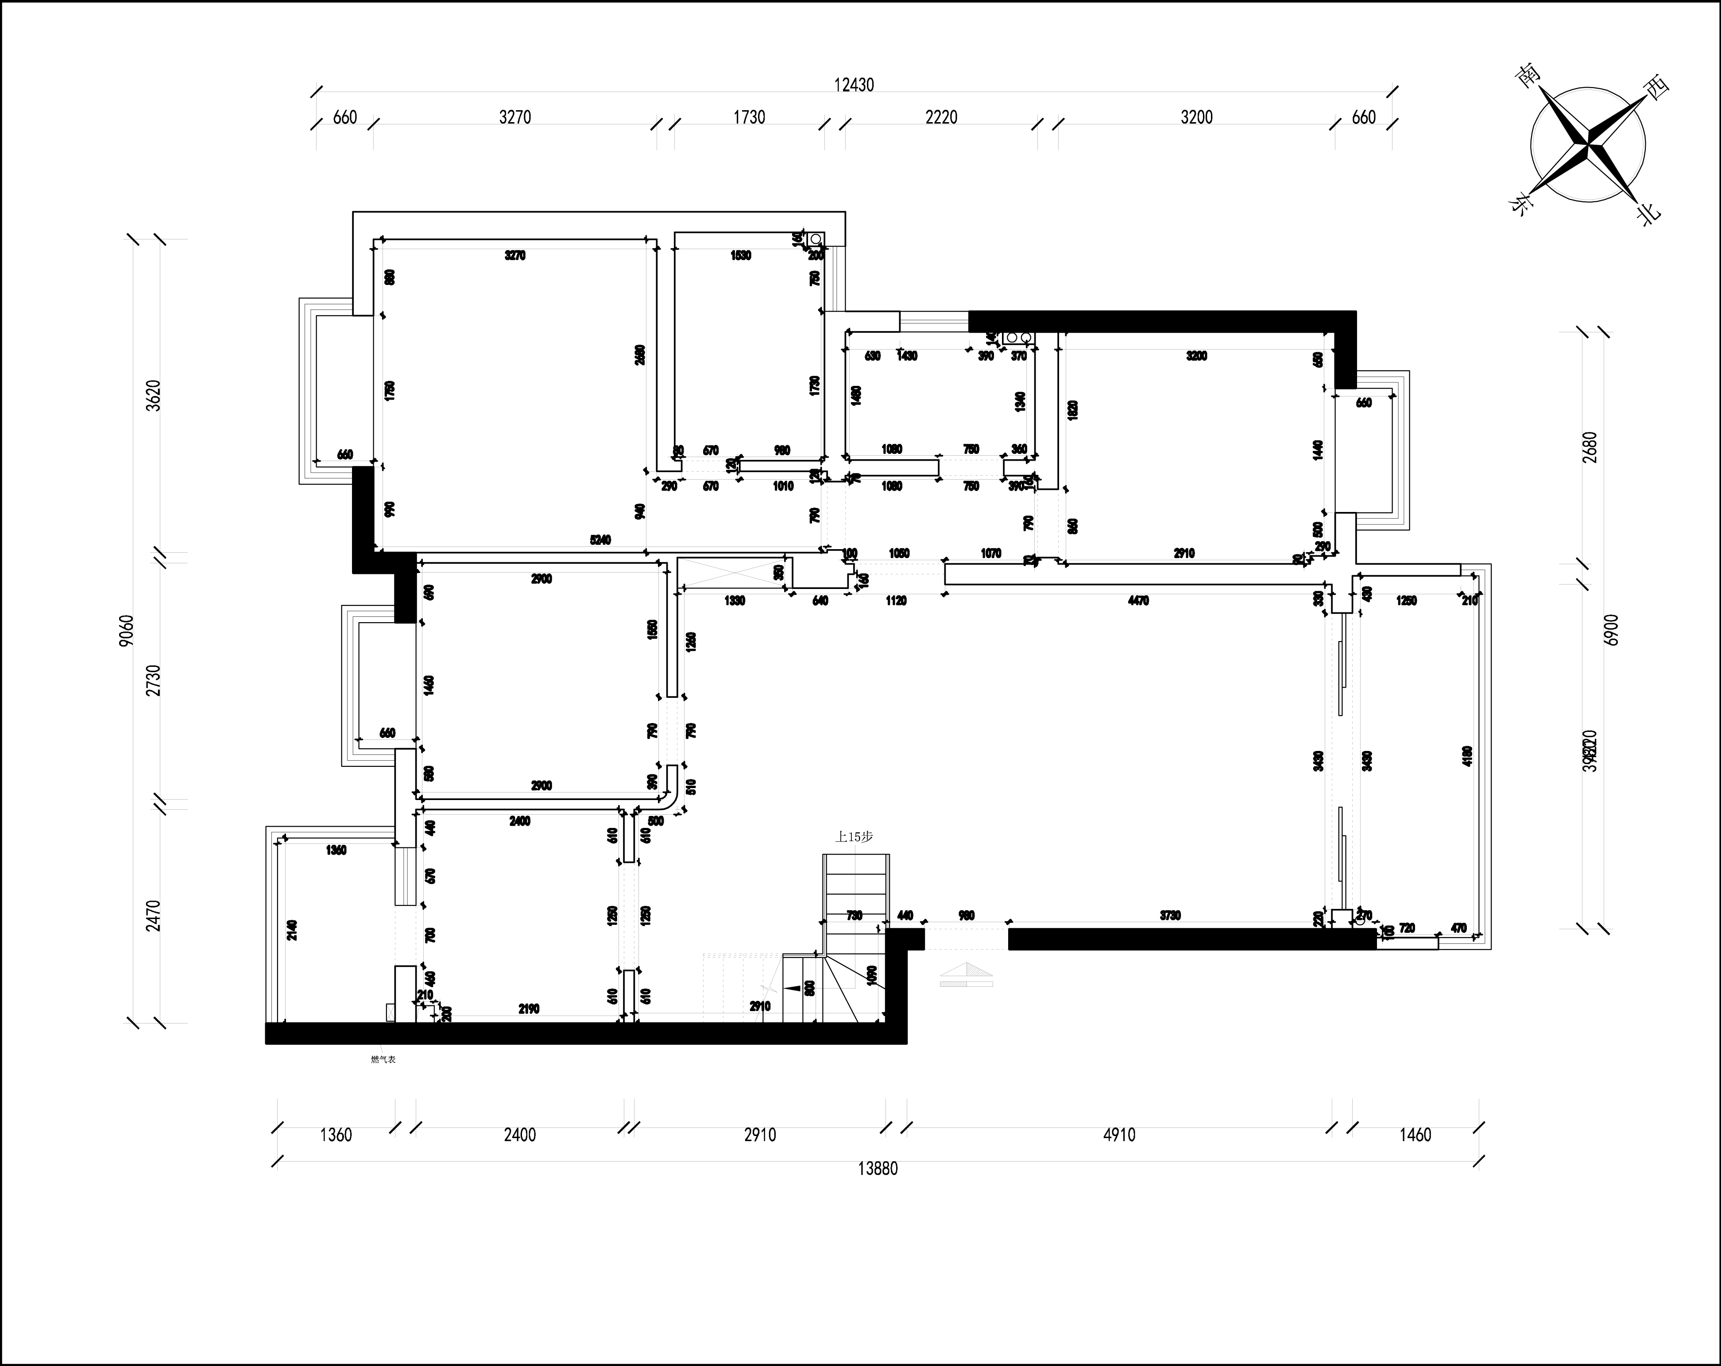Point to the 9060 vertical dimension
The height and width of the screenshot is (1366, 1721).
click(x=126, y=630)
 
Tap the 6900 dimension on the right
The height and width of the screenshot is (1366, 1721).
click(x=1611, y=630)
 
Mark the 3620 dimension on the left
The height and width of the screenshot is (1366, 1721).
click(x=154, y=395)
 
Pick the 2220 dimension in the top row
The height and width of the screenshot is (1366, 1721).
click(x=941, y=117)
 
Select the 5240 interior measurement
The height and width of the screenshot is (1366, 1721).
click(x=600, y=540)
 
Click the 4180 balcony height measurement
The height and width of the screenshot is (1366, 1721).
click(x=1467, y=756)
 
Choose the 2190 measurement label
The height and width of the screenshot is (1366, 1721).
click(x=529, y=1008)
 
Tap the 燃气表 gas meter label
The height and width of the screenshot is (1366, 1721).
click(x=383, y=1060)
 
